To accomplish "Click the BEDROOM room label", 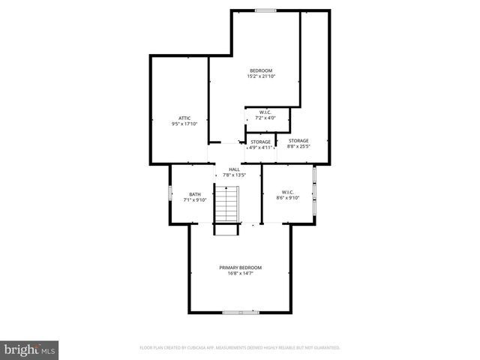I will (261, 70).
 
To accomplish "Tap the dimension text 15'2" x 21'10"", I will (261, 76).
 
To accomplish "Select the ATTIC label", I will (184, 118).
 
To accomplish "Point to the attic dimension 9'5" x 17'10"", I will (184, 123).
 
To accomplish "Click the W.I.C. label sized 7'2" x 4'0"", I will (265, 112).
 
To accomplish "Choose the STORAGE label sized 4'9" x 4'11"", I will (260, 142).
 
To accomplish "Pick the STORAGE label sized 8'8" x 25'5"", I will (298, 141).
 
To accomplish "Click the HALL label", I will (235, 170).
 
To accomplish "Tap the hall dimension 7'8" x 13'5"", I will (235, 175).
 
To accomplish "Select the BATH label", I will (195, 195).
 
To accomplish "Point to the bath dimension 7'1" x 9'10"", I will (195, 200).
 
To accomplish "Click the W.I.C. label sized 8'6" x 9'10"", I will (289, 192).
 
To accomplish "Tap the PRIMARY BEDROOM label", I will (241, 268).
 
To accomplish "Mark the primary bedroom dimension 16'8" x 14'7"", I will (241, 273).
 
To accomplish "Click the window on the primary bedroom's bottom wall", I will (241, 312).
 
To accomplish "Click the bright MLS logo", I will (30, 349).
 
